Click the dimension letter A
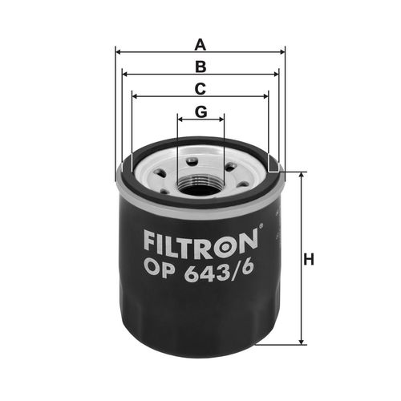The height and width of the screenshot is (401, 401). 200,45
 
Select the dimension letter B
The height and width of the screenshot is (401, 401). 200,67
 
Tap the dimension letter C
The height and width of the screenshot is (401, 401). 200,89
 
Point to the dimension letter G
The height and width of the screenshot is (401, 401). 200,111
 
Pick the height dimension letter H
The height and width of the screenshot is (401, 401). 309,259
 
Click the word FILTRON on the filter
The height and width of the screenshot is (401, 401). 200,243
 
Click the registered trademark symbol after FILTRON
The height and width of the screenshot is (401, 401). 261,226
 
